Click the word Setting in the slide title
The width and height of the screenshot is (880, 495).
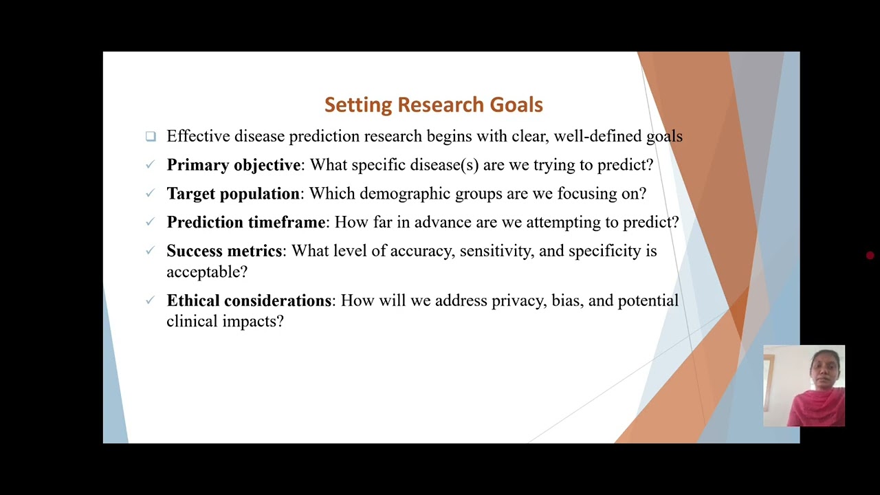[x=358, y=105]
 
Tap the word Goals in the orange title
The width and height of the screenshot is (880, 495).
[x=516, y=105]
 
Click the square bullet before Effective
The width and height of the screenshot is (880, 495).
[x=151, y=136]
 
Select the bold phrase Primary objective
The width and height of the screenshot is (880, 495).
[x=234, y=165]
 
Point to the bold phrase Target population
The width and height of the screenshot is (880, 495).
[x=233, y=194]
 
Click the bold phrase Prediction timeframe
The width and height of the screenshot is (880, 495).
[x=246, y=222]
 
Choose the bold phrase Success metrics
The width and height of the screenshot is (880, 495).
[x=224, y=251]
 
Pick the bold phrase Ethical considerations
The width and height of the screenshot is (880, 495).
[x=249, y=300]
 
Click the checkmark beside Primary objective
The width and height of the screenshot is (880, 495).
[x=150, y=164]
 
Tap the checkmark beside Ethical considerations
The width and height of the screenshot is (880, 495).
[x=150, y=300]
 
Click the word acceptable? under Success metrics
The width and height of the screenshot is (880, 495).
[x=207, y=272]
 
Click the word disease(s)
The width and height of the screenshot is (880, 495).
[x=444, y=165]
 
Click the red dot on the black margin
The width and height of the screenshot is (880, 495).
[x=870, y=256]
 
